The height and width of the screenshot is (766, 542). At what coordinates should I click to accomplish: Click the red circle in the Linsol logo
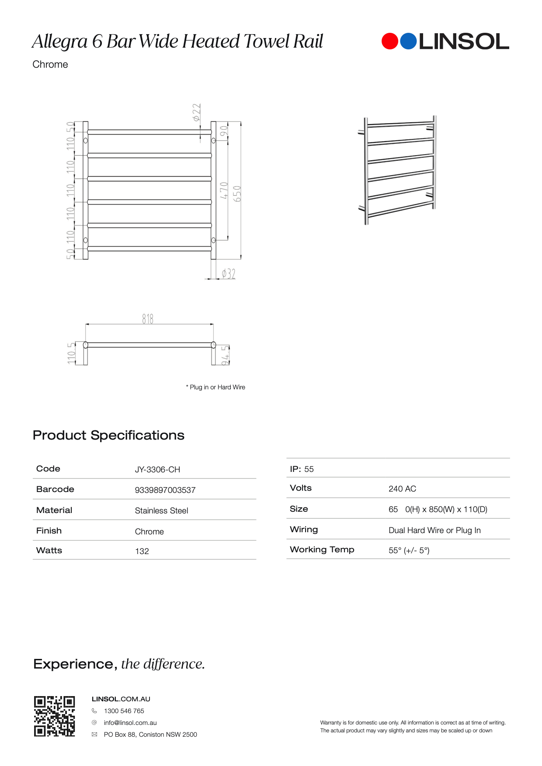(390, 41)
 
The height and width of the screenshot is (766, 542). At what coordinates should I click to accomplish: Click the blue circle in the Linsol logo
(408, 41)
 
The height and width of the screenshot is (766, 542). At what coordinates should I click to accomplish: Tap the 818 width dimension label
(148, 319)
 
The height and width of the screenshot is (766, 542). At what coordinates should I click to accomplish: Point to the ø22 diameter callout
(197, 112)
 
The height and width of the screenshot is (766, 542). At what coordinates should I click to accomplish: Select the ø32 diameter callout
(228, 274)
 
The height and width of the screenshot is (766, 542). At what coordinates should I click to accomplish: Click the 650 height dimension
(237, 194)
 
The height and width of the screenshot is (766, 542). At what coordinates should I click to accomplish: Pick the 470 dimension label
(224, 191)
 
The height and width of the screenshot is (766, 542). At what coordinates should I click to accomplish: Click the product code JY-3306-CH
(157, 469)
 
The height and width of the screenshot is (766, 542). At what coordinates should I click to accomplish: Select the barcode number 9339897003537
(165, 490)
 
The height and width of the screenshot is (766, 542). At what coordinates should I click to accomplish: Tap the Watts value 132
(142, 551)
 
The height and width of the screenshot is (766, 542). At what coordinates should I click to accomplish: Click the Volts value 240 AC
(402, 489)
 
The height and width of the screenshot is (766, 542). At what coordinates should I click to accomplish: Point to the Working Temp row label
(322, 550)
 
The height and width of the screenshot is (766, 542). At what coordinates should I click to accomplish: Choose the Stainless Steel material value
(161, 511)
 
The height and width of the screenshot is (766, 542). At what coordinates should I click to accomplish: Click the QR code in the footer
(55, 716)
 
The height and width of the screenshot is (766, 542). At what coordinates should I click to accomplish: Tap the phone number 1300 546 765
(124, 711)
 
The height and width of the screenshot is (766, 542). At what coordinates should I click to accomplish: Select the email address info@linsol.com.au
(130, 723)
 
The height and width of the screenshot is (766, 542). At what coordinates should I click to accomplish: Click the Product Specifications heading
(108, 435)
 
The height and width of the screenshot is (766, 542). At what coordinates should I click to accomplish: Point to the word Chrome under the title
(50, 64)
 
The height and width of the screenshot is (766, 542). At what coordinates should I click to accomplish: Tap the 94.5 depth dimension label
(225, 354)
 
